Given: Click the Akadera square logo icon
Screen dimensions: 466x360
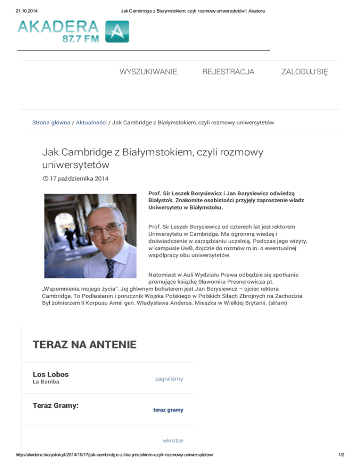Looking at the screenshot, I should tap(117, 32).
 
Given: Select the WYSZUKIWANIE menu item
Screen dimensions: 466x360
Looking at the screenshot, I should tap(148, 72).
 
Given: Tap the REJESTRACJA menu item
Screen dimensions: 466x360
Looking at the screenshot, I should tap(228, 72).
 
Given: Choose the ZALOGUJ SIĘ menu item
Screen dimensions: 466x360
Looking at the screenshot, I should tap(304, 72).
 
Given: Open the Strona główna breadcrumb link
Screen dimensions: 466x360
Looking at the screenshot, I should tap(50, 122).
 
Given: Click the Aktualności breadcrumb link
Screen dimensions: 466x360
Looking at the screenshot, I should tap(91, 122).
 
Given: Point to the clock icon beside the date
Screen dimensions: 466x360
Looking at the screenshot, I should tap(45, 179).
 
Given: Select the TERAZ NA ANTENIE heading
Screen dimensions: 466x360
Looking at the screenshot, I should tap(84, 345).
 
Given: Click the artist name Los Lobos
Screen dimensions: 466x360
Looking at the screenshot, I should tap(51, 374).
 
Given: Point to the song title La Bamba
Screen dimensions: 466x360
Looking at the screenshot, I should tap(46, 382).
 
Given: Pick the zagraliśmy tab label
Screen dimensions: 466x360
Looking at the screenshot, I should tap(169, 378).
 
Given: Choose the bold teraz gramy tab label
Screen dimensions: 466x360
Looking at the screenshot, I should tap(168, 410).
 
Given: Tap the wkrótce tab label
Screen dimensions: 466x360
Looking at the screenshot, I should tap(173, 441).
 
